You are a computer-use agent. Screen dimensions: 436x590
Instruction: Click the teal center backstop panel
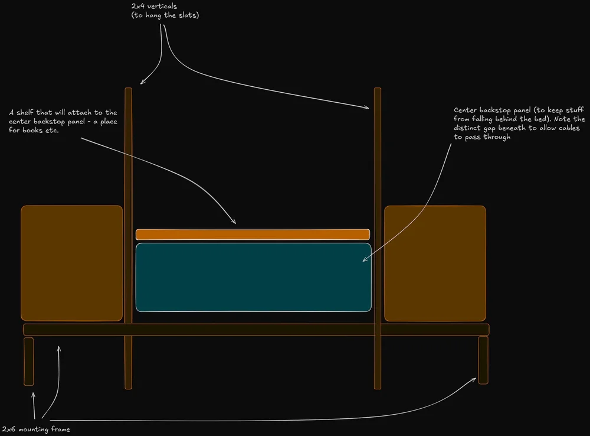coord(254,277)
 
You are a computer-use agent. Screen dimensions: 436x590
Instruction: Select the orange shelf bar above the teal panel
coord(253,235)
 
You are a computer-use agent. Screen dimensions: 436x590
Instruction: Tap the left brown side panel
coord(71,263)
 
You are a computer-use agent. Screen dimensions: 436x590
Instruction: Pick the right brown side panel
coord(435,263)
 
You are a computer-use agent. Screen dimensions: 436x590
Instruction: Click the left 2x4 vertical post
coord(128,177)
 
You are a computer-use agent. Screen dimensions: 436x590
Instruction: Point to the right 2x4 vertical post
coord(378,177)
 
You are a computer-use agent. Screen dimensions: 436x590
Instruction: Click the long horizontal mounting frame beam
coord(256,330)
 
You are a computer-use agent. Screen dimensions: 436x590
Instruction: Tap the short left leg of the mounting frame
coord(28,361)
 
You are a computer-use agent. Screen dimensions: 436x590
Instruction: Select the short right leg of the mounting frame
coord(483,360)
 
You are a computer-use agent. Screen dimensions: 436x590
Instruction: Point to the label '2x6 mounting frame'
coord(37,430)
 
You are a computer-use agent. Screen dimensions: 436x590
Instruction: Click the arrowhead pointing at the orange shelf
coord(234,222)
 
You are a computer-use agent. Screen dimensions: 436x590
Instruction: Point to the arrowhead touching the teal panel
coord(363,260)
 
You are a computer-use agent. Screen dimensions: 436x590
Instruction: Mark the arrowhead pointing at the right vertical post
coord(367,108)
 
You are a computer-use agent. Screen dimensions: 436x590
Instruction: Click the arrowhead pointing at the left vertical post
coord(142,83)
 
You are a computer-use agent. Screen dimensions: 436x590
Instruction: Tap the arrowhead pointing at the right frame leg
coord(474,379)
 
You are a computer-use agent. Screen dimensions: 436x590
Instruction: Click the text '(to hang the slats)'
coord(165,15)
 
